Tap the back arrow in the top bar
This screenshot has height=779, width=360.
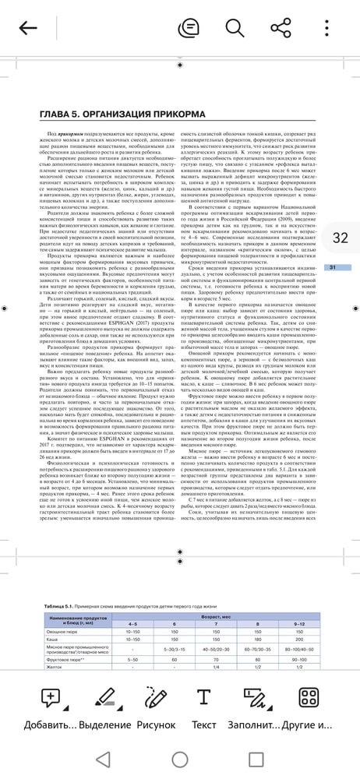[x=28, y=29]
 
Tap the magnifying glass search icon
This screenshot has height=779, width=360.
[x=235, y=29]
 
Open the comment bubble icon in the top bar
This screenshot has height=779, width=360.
[x=188, y=29]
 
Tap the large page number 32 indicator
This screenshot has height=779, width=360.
[x=340, y=238]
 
